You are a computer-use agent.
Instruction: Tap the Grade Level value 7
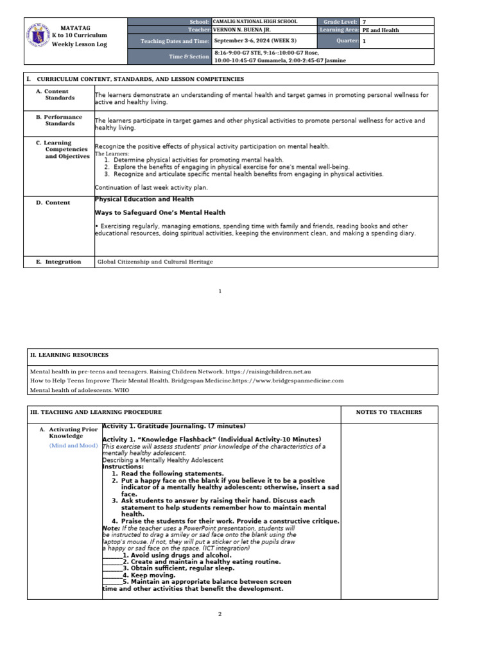(364, 22)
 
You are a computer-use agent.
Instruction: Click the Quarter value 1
(364, 41)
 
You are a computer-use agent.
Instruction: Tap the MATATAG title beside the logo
(75, 28)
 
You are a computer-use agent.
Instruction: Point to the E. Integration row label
(59, 262)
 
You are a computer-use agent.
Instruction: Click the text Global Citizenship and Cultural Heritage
(155, 262)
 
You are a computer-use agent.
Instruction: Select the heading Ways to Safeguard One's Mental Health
(160, 212)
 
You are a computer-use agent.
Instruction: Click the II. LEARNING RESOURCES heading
(69, 355)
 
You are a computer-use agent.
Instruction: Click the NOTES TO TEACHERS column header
(388, 412)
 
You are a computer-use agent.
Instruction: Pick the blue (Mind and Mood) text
(73, 445)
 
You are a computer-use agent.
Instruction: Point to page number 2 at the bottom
(220, 614)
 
